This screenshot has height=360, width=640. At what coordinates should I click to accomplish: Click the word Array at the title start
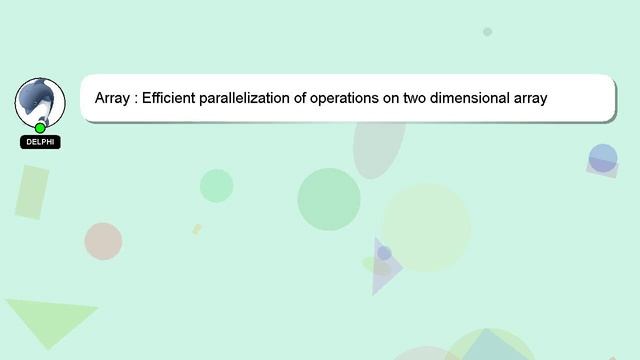[x=113, y=99]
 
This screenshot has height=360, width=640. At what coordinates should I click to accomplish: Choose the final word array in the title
[x=529, y=99]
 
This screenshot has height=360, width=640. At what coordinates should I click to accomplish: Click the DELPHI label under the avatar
[x=40, y=142]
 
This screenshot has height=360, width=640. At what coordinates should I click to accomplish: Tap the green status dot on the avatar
[x=40, y=128]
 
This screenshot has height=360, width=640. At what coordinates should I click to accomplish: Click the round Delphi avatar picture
[x=40, y=101]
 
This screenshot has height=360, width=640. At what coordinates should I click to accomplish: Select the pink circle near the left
[x=103, y=241]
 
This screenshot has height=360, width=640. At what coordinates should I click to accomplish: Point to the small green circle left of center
[x=216, y=185]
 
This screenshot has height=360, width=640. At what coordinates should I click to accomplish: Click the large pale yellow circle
[x=426, y=227]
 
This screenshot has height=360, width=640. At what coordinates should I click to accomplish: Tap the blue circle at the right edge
[x=603, y=158]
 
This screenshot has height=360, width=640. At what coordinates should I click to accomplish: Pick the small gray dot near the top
[x=487, y=32]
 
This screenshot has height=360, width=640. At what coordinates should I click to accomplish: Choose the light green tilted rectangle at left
[x=32, y=192]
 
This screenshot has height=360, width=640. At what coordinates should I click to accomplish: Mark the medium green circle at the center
[x=329, y=199]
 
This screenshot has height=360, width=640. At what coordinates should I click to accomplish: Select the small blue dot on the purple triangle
[x=384, y=253]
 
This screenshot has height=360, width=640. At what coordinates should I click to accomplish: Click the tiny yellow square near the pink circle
[x=197, y=229]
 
